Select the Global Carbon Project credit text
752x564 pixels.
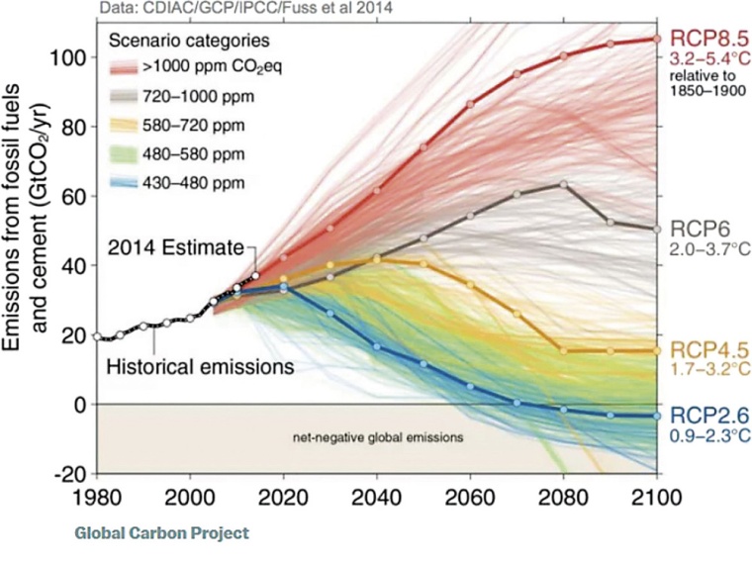pyautogui.click(x=160, y=533)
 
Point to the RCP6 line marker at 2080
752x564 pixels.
pyautogui.click(x=563, y=184)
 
